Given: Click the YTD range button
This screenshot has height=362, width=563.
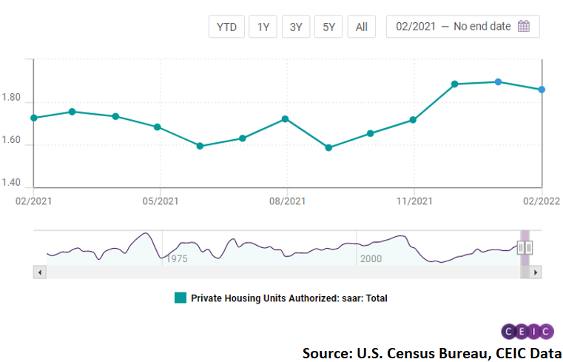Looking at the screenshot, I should click(x=226, y=27).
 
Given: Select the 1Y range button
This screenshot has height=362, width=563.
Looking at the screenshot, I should click(x=263, y=27).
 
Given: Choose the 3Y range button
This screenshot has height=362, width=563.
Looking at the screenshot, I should click(x=296, y=27).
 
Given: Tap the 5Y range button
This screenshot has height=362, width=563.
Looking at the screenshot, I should click(x=328, y=27).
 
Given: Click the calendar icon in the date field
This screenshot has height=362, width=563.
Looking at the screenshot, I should click(x=524, y=27).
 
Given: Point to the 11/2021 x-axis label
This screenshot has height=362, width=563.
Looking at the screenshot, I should click(x=414, y=201).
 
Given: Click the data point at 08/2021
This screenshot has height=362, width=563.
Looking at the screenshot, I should click(x=286, y=118).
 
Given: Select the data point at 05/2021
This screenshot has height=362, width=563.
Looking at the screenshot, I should click(x=158, y=127).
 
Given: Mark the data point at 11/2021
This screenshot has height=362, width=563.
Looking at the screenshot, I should click(x=413, y=120).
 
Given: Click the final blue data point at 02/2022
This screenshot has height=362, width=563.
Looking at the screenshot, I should click(x=542, y=90).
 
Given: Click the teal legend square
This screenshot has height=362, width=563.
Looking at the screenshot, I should click(x=180, y=298).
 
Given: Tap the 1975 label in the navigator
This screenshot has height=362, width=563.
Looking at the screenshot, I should click(x=177, y=259).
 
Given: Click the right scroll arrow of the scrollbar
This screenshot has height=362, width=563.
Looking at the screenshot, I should click(x=536, y=272).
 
